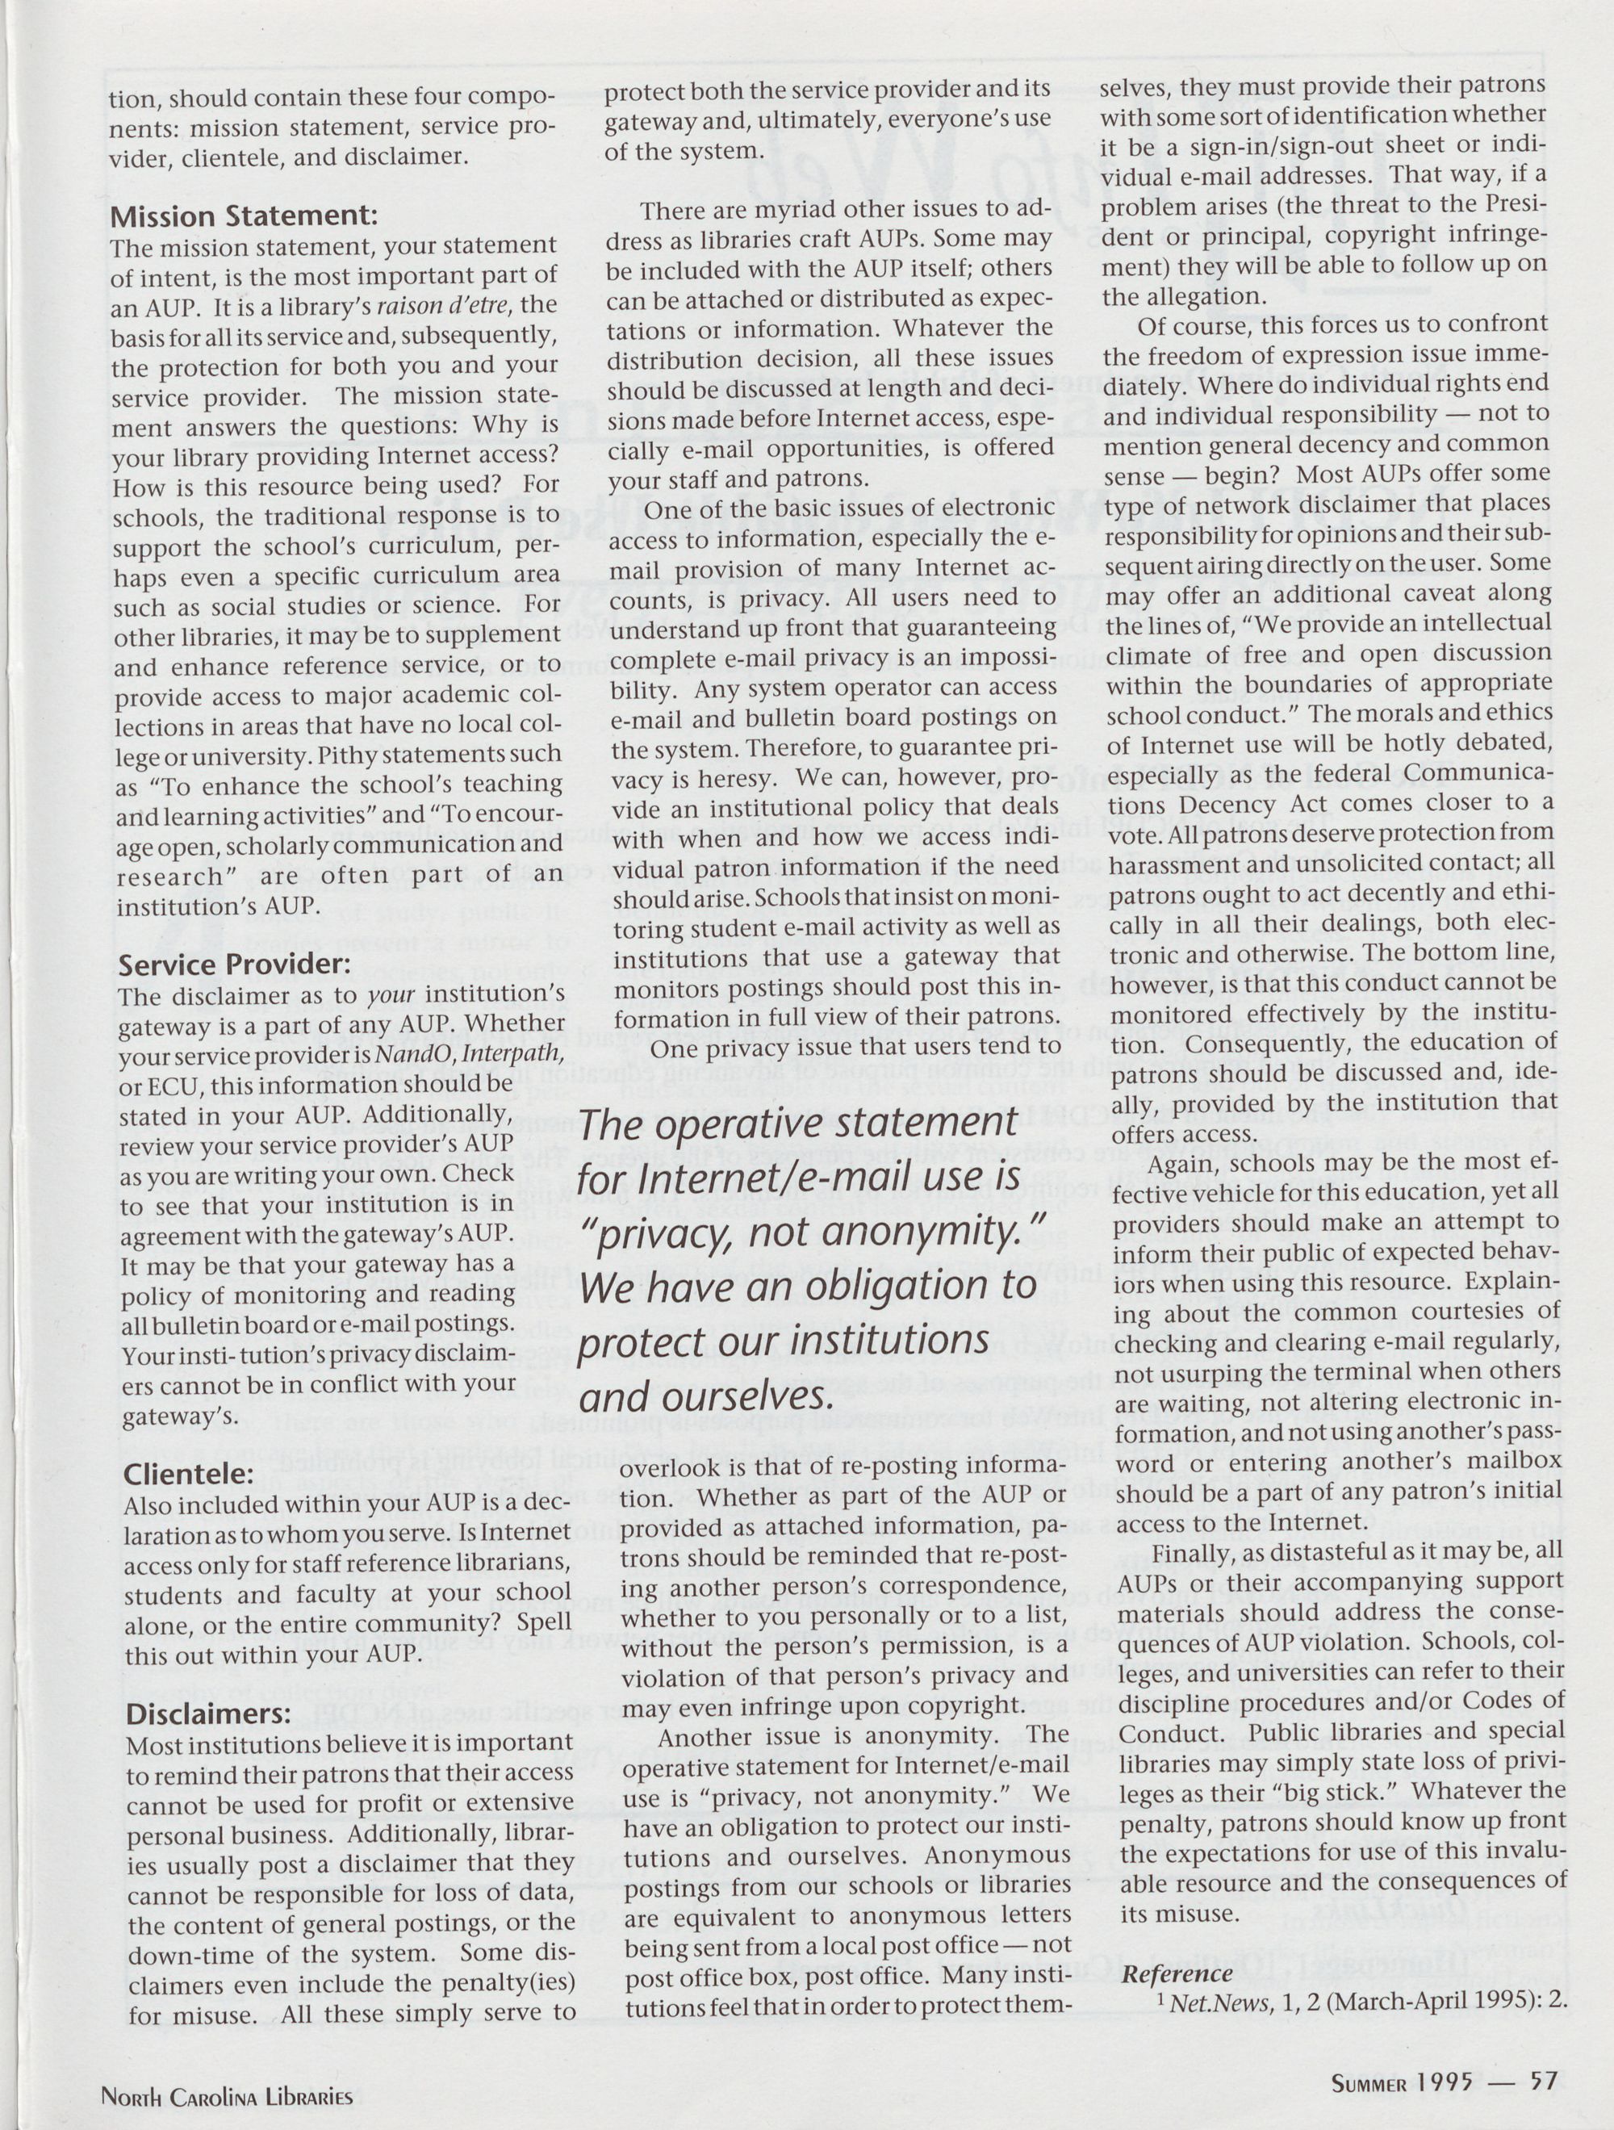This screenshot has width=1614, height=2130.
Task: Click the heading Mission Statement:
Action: point(243,214)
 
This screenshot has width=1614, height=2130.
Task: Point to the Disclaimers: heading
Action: point(208,1714)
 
